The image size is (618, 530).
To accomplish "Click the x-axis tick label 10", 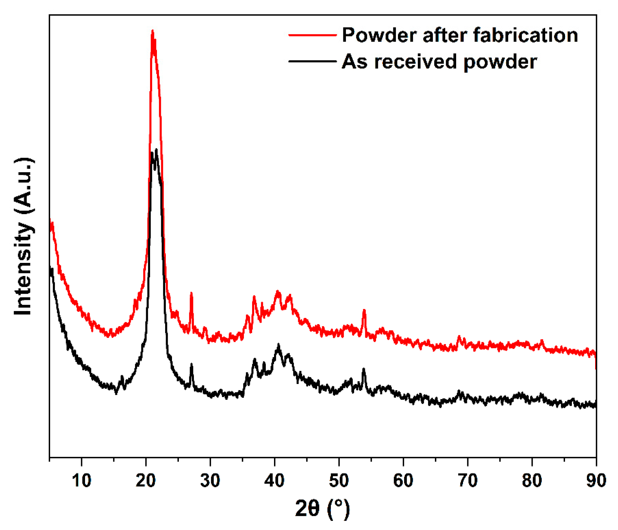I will point(81,481).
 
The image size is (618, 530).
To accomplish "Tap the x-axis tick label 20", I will point(146,481).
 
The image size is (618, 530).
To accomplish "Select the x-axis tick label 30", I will point(210,481).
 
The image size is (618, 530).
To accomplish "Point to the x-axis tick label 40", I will point(275,481).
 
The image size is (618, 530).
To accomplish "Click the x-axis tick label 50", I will point(339,481).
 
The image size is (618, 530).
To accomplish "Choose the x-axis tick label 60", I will point(403,481).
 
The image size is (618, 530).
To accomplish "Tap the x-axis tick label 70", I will point(468,481).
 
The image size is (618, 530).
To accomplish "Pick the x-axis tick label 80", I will point(532,481).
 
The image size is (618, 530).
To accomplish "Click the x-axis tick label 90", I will point(596,481).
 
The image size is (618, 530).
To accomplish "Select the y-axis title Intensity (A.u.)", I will point(24,236).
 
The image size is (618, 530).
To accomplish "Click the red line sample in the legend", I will point(312,35).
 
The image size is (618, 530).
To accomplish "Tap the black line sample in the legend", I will point(312,61).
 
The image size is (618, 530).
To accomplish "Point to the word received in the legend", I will point(415,62).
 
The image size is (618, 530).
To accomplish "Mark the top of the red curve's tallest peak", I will point(152,31).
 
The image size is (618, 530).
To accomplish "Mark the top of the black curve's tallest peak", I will point(156,150).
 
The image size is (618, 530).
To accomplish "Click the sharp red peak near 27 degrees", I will point(191,293).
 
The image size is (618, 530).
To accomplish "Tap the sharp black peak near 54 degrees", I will point(364,369).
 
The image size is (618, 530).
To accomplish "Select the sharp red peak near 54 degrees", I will point(364,310).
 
